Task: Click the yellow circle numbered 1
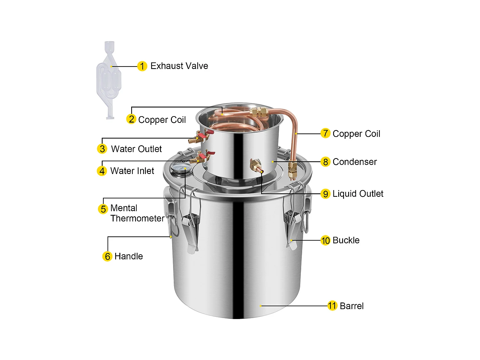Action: (x=142, y=66)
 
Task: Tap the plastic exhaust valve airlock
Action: (x=109, y=80)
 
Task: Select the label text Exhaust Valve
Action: (x=179, y=66)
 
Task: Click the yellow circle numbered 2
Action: (x=131, y=119)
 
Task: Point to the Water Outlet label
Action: (x=136, y=149)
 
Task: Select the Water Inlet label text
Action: (x=132, y=171)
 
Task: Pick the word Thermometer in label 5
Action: (x=137, y=218)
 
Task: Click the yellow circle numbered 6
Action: (x=107, y=256)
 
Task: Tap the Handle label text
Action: (x=129, y=256)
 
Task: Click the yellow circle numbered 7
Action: (x=325, y=133)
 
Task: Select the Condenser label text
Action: (x=355, y=162)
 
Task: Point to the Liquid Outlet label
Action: (x=358, y=194)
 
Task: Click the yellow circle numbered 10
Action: (x=325, y=240)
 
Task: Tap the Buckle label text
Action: (x=346, y=240)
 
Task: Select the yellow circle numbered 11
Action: (x=332, y=306)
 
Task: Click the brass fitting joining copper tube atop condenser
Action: (x=259, y=112)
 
